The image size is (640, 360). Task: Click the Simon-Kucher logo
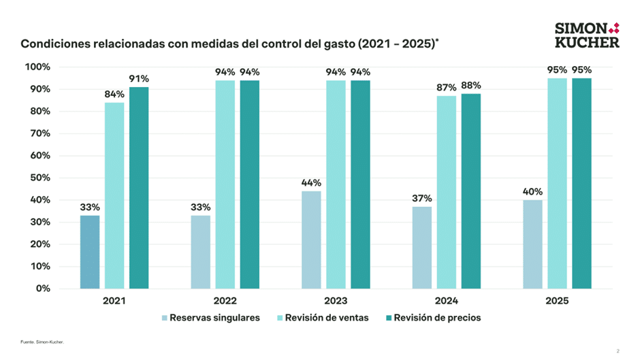click(x=587, y=35)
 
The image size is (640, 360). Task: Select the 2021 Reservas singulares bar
click(x=90, y=252)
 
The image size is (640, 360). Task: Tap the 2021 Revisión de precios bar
click(x=139, y=187)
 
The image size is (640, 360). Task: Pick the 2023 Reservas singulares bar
click(x=311, y=240)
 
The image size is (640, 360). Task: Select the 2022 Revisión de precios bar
click(x=249, y=184)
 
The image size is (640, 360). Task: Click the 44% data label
click(x=311, y=182)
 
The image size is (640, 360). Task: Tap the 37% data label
click(x=421, y=198)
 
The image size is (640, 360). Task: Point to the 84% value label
click(x=114, y=94)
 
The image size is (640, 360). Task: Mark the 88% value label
click(x=471, y=85)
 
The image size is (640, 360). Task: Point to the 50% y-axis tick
click(x=37, y=178)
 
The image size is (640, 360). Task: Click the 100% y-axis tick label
click(x=36, y=67)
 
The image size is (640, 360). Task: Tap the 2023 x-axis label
click(x=336, y=300)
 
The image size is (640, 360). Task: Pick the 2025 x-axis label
click(x=557, y=300)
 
